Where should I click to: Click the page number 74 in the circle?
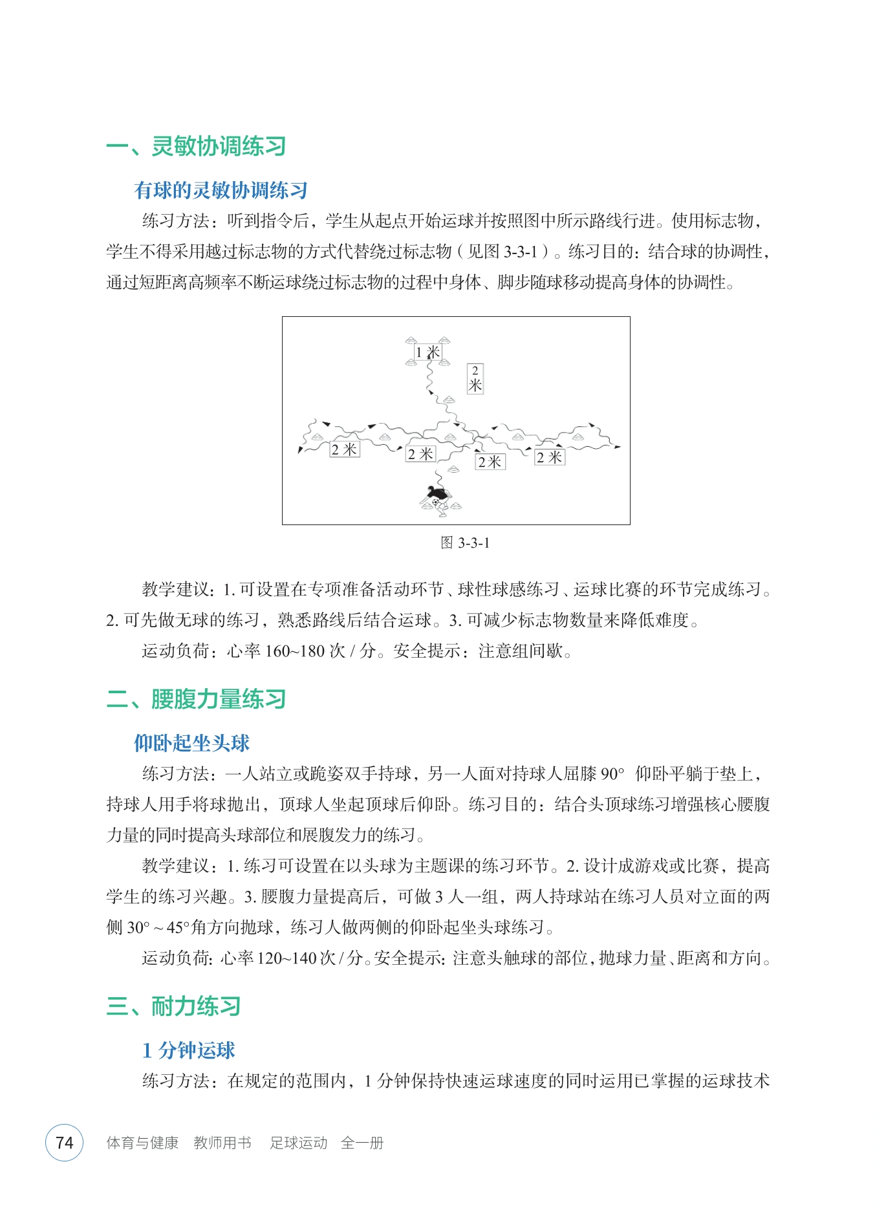[x=65, y=1143]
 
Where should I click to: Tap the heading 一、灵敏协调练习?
[x=196, y=146]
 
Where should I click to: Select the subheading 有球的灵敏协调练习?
[x=221, y=190]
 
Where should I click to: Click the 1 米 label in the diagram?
[x=427, y=352]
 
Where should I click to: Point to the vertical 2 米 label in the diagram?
[x=475, y=379]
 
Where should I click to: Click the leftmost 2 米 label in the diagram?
[x=344, y=449]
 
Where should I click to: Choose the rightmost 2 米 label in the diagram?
[x=550, y=457]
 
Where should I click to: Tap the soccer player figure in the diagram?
[x=435, y=499]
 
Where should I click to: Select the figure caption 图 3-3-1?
[x=465, y=543]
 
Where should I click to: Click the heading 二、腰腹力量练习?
[x=196, y=699]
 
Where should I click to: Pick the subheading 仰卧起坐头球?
[x=191, y=743]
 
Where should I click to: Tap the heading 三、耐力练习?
[x=173, y=1006]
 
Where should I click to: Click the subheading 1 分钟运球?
[x=189, y=1050]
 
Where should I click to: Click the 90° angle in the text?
[x=612, y=774]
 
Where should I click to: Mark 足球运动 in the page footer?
[x=299, y=1143]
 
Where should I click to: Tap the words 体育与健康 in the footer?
[x=142, y=1143]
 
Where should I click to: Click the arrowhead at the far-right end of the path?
[x=617, y=447]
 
